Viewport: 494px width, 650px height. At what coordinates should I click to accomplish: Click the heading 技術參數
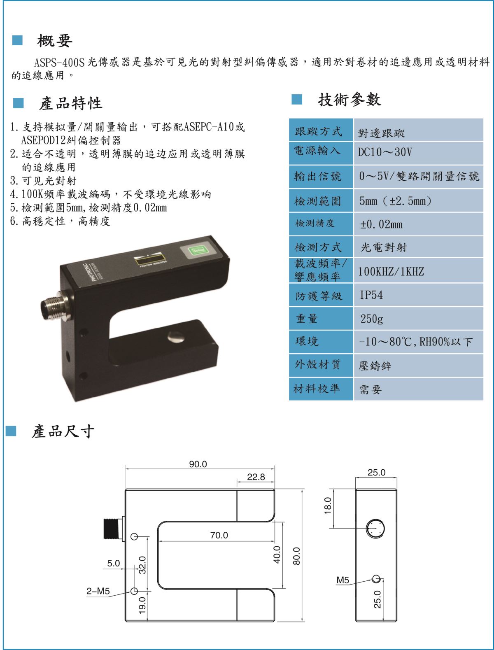pos(350,100)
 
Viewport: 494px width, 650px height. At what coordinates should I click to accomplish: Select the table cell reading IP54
pos(419,295)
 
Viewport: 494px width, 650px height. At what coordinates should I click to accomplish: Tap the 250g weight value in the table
pos(419,319)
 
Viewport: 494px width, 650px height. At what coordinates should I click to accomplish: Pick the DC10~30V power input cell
pos(419,153)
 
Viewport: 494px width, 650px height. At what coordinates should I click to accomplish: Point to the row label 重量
pos(307,319)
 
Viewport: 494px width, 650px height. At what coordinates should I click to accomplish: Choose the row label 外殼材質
pos(317,365)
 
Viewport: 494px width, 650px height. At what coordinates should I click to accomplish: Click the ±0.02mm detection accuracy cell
pos(419,224)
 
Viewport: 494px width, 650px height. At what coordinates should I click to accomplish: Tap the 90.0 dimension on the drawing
pos(198,464)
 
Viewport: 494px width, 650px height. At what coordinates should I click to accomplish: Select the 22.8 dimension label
pos(256,477)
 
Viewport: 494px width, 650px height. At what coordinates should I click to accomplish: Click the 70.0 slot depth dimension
pos(219,535)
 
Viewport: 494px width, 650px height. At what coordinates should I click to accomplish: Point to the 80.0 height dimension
pos(296,556)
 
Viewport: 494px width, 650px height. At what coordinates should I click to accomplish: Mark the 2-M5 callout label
pos(98,591)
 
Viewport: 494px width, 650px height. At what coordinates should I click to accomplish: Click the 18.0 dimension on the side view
pos(328,506)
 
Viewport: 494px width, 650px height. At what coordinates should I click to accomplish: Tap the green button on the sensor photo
pos(196,251)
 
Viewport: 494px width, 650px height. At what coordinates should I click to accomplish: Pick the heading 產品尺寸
pos(63,431)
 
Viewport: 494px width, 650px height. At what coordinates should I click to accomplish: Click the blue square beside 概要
pos(17,40)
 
